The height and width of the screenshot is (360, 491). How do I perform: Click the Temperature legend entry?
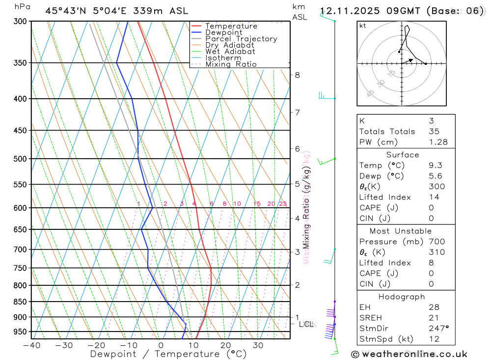[x=231, y=27]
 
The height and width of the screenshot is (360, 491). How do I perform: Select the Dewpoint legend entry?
[x=223, y=33]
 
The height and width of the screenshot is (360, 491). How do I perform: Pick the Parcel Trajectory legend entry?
[x=241, y=39]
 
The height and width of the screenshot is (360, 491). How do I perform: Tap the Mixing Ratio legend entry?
[x=231, y=64]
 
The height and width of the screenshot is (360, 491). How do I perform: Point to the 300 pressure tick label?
[x=20, y=22]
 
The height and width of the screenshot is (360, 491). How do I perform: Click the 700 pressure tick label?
[x=20, y=249]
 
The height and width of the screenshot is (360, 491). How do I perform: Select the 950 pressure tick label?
[x=20, y=332]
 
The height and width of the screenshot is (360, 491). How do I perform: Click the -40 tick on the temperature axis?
[x=31, y=345]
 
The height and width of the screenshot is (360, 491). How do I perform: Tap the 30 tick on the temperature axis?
[x=258, y=345]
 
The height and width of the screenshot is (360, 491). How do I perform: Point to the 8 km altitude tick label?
[x=297, y=75]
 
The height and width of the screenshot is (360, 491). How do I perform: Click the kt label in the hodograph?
[x=363, y=26]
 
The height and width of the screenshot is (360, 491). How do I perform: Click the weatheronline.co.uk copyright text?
[x=409, y=354]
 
